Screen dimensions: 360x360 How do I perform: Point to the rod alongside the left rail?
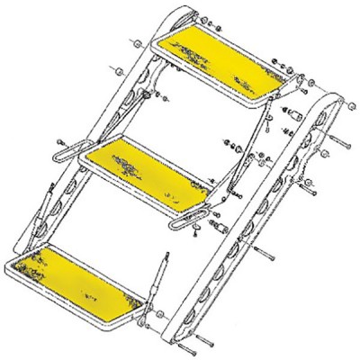35,216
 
